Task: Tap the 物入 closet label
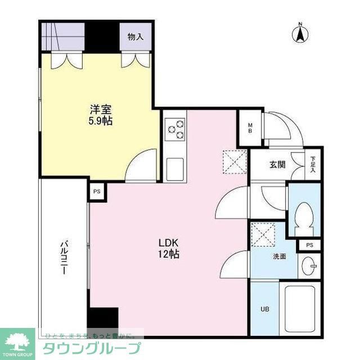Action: coord(135,37)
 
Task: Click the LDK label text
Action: coord(168,243)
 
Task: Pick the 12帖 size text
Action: coord(168,254)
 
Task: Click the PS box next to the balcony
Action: coord(97,191)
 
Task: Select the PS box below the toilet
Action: coord(309,245)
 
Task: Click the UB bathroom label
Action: coord(263,309)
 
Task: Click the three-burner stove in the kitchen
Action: coord(175,129)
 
